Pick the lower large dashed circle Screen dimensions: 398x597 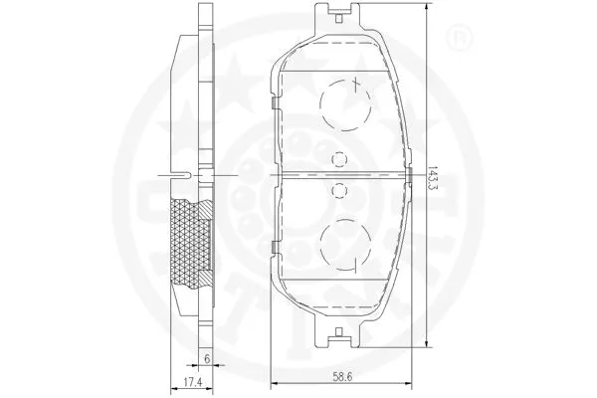[343, 241]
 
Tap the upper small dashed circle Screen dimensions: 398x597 [338, 156]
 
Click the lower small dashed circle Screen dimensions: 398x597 [338, 188]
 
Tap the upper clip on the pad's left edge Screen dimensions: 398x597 [272, 100]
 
